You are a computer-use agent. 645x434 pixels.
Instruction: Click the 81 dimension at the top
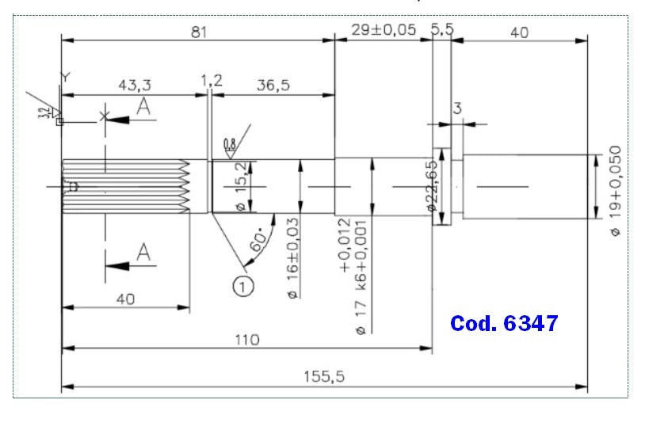(199, 32)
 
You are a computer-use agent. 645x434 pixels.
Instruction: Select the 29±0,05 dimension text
(382, 30)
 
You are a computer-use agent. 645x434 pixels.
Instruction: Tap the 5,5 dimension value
(442, 30)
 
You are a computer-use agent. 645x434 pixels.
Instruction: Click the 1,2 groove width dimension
(212, 80)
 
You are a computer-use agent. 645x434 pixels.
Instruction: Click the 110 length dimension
(247, 339)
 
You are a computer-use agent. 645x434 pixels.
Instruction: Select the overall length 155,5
(323, 378)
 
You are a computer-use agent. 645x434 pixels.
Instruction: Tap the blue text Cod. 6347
(504, 323)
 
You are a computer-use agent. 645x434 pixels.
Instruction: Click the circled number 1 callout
(242, 284)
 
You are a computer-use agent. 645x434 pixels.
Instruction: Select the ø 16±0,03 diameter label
(292, 257)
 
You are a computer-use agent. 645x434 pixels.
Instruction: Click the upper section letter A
(143, 108)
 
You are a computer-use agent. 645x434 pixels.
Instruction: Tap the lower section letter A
(143, 253)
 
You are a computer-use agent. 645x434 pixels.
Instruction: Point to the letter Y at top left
(65, 76)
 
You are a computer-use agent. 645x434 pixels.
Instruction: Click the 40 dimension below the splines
(124, 299)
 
